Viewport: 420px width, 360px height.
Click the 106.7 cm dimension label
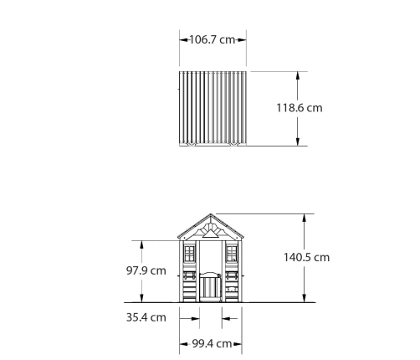213,39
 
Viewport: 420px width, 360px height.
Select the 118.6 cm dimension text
300,108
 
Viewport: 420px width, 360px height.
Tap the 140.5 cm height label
306,257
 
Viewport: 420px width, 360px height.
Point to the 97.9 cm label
146,270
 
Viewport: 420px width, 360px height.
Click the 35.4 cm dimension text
146,317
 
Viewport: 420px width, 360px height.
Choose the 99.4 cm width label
212,344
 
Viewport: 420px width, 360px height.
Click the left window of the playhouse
189,254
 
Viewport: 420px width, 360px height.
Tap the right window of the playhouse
232,254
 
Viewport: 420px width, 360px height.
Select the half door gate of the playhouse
211,286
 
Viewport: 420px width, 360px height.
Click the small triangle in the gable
211,234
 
